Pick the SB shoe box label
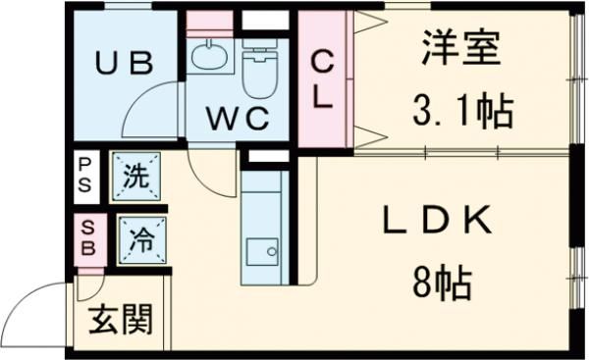(x=86, y=238)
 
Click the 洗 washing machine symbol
(x=135, y=178)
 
